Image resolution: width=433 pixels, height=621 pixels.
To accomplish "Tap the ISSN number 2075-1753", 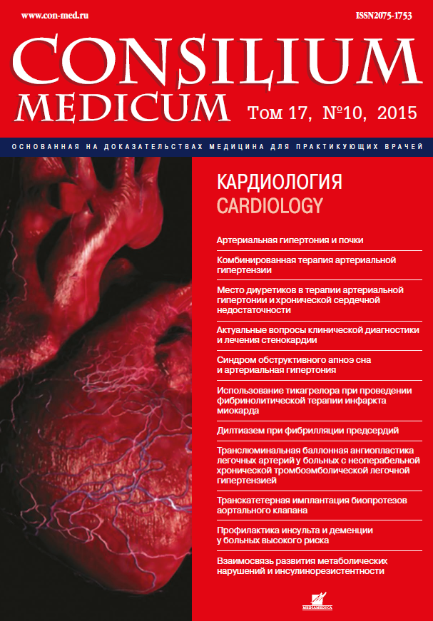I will pyautogui.click(x=384, y=15).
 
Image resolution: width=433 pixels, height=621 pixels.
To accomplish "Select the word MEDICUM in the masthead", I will pyautogui.click(x=122, y=107).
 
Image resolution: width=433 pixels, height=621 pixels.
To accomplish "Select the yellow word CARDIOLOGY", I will pyautogui.click(x=270, y=206).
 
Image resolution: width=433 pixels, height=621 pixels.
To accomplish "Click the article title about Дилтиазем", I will pyautogui.click(x=307, y=431).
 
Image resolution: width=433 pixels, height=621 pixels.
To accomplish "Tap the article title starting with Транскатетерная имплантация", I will pyautogui.click(x=311, y=505).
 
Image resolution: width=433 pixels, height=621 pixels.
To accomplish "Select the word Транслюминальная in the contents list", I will pyautogui.click(x=258, y=451).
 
